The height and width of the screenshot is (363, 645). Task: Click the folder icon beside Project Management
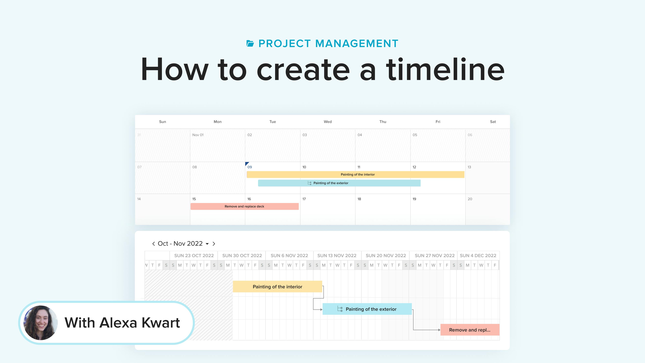[x=250, y=44]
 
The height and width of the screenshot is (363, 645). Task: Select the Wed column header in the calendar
[x=328, y=122]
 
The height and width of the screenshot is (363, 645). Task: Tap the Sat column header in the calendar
[x=493, y=122]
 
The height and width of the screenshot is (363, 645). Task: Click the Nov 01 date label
[x=198, y=135]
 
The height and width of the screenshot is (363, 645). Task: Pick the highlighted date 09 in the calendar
[x=250, y=167]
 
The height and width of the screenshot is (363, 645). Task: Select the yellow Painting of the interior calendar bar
[x=355, y=175]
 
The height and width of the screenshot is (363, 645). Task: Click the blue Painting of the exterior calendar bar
[x=339, y=183]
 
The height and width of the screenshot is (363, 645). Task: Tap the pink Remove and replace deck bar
[x=244, y=206]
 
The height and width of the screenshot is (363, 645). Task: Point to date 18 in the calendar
[x=359, y=199]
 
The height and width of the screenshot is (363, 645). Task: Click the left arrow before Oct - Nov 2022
[x=154, y=244]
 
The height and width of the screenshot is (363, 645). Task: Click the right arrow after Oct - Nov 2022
[x=214, y=244]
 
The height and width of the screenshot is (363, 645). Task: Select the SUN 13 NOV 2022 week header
[x=337, y=255]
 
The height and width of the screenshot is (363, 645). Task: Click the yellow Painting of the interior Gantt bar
[x=277, y=287]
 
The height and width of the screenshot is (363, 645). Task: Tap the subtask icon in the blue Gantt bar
[x=340, y=309]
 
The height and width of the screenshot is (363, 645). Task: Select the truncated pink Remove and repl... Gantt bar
[x=470, y=330]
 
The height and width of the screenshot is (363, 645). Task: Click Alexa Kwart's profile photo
[x=40, y=323]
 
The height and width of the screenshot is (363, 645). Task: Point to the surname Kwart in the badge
[x=161, y=323]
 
